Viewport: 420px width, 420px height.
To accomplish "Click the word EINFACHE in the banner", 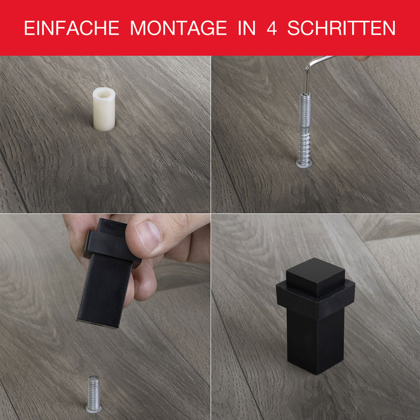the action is (x=72, y=28).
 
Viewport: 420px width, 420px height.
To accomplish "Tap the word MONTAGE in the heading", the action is (x=179, y=28).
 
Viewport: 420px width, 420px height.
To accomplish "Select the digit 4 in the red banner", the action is (x=272, y=28).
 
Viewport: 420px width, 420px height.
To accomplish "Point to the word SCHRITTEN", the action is (x=341, y=28).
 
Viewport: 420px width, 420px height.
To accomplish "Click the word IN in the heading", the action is (x=247, y=28).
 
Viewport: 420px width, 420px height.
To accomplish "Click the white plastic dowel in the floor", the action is (x=104, y=109).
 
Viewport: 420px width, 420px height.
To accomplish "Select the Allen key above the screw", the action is (x=316, y=70).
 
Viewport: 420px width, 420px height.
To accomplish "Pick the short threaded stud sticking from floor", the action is (x=94, y=394).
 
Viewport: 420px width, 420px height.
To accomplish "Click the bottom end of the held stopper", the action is (x=98, y=323).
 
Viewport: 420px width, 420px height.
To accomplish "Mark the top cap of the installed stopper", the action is (x=315, y=277).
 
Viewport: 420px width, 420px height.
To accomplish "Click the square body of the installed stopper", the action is (x=316, y=341).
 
